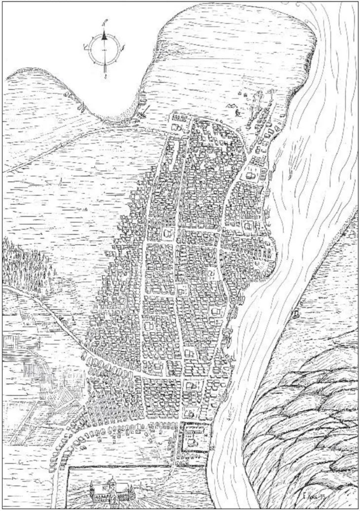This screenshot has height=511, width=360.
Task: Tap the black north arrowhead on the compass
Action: tap(105, 36)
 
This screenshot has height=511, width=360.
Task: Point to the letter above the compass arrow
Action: tap(104, 23)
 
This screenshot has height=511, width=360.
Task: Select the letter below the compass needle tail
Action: tap(106, 77)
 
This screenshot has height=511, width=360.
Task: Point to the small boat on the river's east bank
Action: tap(296, 312)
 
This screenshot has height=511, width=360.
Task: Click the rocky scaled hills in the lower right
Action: tap(306, 414)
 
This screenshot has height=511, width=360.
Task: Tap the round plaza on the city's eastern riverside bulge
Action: tap(269, 247)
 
